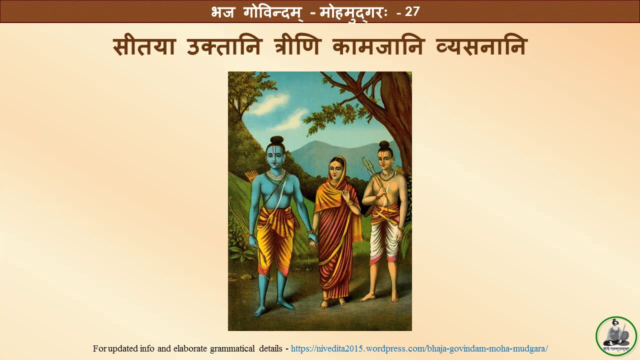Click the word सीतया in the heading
coord(144,47)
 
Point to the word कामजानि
coord(378,47)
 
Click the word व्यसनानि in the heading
coord(481,47)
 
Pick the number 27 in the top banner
coord(412,11)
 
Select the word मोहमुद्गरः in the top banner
coord(353,12)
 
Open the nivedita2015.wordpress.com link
coord(419,348)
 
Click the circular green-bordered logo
coord(616,336)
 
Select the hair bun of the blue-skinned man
coord(277,140)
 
